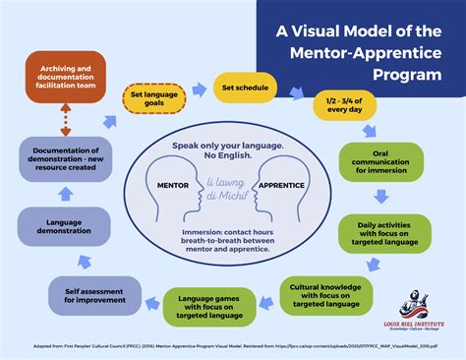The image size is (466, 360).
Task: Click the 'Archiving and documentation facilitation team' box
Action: pyautogui.click(x=64, y=78)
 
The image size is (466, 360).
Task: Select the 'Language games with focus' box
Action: pyautogui.click(x=210, y=307)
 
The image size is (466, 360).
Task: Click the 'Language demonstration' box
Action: pyautogui.click(x=63, y=224)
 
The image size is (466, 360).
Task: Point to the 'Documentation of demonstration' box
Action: pyautogui.click(x=63, y=160)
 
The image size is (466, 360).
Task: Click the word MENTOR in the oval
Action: pyautogui.click(x=175, y=184)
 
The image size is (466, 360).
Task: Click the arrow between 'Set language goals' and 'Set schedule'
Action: pyautogui.click(x=200, y=90)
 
